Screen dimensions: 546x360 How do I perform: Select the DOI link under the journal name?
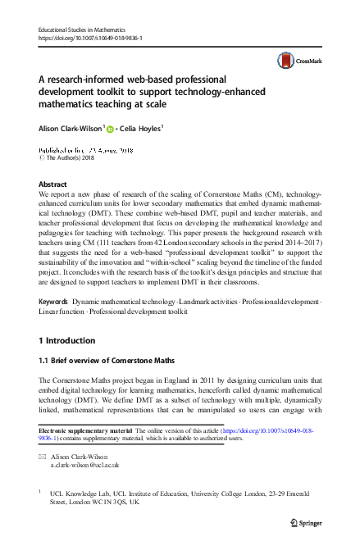(x=91, y=38)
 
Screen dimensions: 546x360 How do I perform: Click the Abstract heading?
(x=53, y=185)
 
